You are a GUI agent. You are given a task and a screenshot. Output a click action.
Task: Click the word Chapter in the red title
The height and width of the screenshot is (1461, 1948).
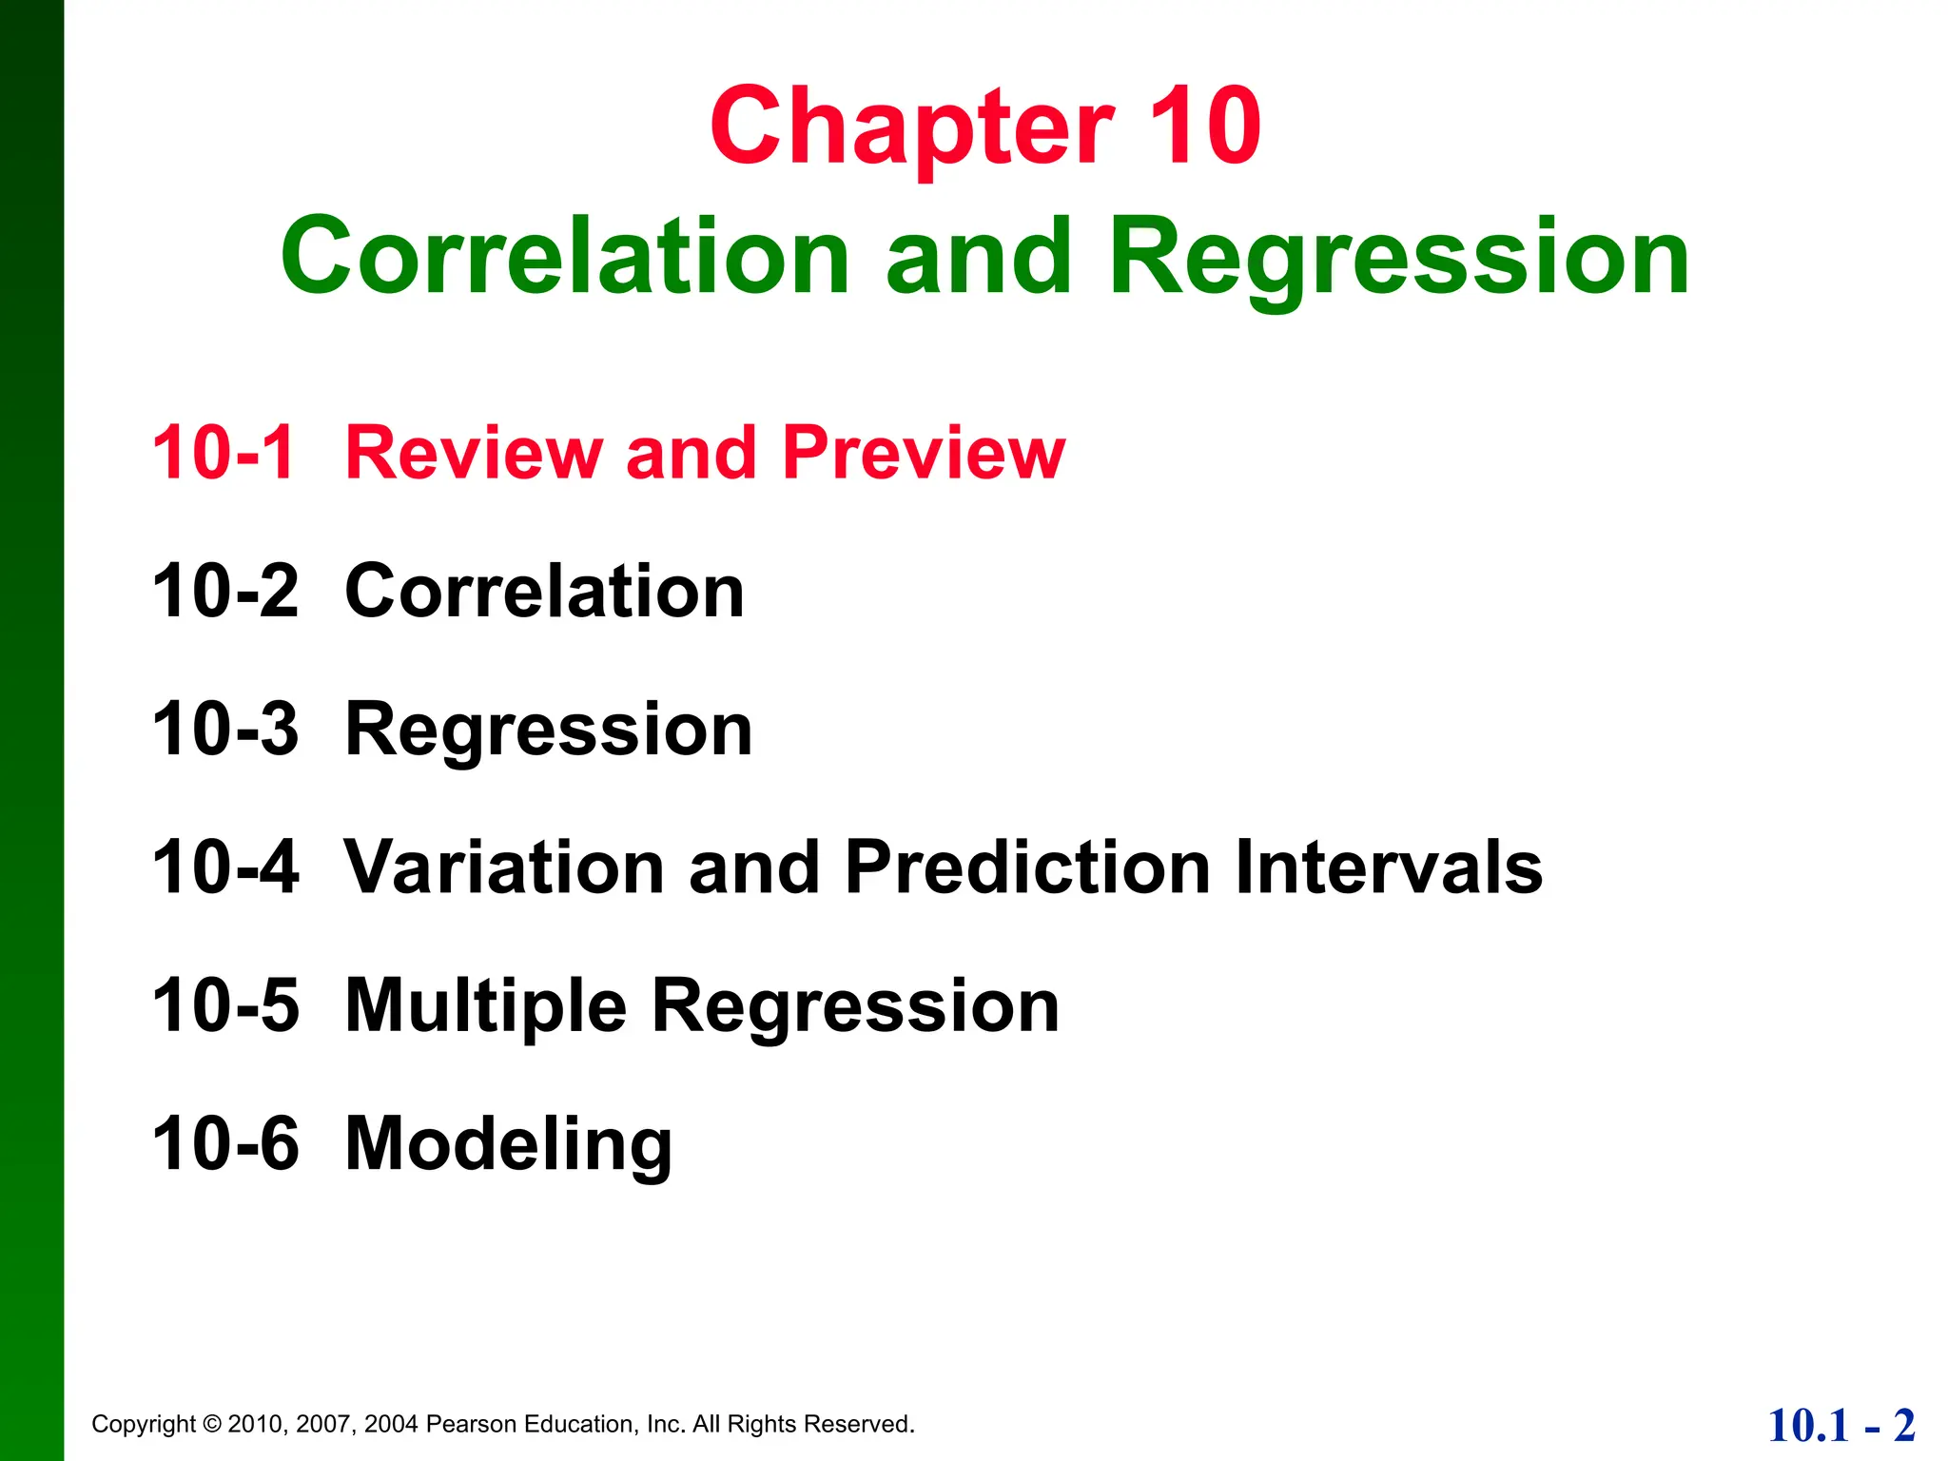(x=911, y=128)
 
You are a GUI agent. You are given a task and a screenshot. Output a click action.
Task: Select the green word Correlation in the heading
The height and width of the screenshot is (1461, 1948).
(x=565, y=257)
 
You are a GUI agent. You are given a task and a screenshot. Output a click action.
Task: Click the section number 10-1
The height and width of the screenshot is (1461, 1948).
(x=224, y=453)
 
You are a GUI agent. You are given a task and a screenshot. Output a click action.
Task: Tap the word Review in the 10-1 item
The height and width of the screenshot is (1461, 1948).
(x=473, y=453)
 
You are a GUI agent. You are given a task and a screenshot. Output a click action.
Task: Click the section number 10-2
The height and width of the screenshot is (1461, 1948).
(x=225, y=591)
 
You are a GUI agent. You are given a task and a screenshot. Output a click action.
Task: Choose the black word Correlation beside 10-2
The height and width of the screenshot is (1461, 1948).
(x=544, y=591)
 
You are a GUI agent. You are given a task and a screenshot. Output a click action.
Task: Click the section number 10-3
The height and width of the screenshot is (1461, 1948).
(x=225, y=730)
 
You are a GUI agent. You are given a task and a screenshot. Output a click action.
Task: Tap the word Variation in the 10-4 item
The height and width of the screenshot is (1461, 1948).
(x=503, y=867)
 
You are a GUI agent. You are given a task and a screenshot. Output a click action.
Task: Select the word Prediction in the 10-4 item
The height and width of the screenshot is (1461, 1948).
(x=1027, y=867)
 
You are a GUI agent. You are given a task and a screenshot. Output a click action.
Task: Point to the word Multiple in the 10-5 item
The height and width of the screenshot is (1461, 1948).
(x=485, y=1006)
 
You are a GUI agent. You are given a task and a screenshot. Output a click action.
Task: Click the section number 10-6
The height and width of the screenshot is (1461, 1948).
(x=225, y=1143)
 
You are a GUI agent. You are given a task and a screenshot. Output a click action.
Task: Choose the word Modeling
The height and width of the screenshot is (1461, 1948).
(x=509, y=1145)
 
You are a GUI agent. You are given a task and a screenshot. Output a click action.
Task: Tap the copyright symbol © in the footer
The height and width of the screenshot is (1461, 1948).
(x=212, y=1424)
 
